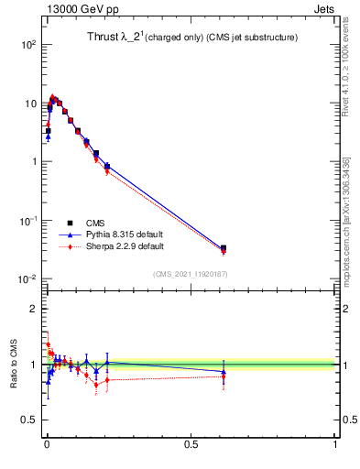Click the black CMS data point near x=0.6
224,247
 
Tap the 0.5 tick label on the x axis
191,446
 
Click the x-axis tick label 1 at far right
335,446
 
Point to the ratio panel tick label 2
32,309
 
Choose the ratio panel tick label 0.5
27,421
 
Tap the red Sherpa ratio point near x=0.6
224,376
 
